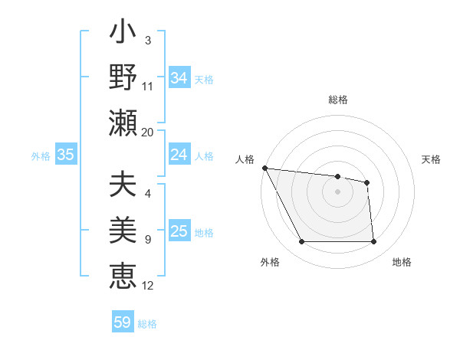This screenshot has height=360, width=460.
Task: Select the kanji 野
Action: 123,77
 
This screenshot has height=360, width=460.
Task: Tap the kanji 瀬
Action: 123,123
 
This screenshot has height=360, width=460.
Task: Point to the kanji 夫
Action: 123,185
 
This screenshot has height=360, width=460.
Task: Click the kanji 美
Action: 123,230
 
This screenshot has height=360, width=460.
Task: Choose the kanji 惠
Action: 123,274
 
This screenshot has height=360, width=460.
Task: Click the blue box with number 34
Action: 179,77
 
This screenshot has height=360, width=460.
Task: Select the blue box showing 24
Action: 179,155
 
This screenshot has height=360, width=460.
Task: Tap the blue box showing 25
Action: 179,231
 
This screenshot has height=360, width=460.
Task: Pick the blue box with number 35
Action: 66,155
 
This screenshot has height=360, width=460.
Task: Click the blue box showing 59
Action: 123,322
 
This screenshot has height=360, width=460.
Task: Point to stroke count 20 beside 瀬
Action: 148,132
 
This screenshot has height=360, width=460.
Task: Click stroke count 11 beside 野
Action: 148,87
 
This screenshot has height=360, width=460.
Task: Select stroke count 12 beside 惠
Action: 148,285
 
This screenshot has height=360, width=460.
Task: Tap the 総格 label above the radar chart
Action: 338,100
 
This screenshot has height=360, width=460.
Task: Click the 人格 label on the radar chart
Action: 246,159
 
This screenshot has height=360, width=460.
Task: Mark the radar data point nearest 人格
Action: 264,168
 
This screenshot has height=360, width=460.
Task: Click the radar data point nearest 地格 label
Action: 373,242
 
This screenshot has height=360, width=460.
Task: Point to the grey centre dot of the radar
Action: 338,191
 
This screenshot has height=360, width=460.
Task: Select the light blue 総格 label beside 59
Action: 147,324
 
